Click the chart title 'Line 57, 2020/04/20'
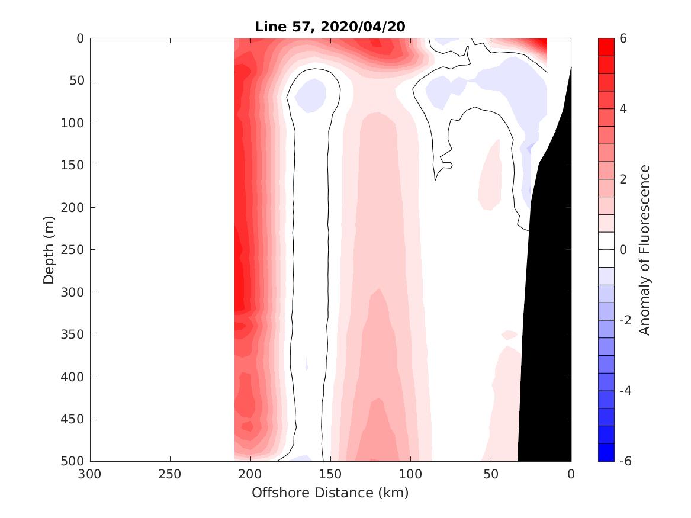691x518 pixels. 330,27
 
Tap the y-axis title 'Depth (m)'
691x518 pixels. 49,249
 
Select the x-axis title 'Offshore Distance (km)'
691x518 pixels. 330,493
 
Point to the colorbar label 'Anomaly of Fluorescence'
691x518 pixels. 645,249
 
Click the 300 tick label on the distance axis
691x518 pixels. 90,474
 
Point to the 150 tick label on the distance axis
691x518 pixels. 330,474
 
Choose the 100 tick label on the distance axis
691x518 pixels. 411,474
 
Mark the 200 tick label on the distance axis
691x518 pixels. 250,474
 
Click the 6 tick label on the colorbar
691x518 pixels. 623,38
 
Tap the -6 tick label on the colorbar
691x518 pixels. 625,461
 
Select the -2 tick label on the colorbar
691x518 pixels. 625,320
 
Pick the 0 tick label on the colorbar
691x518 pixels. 623,250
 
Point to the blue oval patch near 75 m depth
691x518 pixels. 311,95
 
